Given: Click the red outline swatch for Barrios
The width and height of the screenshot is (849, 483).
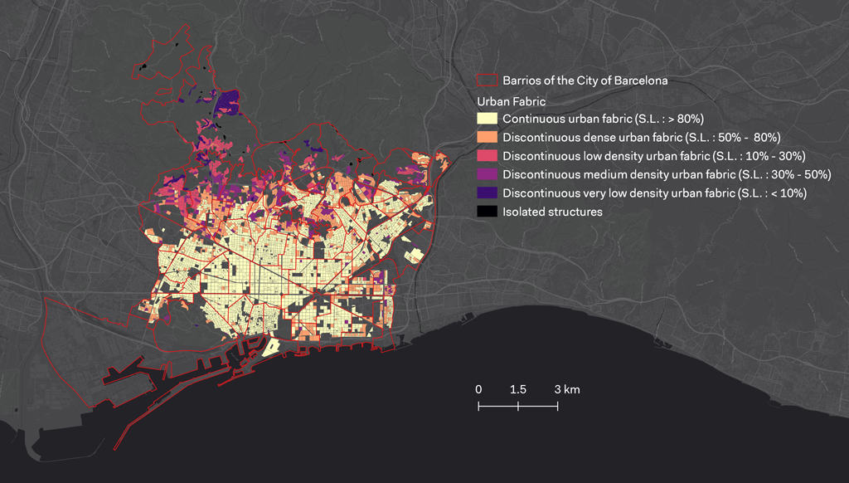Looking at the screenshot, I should tap(487, 81).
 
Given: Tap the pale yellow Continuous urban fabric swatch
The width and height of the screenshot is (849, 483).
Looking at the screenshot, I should tap(487, 119).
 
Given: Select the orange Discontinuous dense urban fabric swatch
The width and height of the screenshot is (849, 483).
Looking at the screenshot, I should tap(487, 137).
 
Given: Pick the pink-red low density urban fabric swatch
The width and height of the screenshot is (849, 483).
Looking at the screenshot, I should tap(487, 156).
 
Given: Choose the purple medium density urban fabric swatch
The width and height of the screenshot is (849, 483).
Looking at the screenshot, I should tap(487, 174).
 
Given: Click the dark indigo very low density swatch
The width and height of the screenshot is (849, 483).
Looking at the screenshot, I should tap(487, 193).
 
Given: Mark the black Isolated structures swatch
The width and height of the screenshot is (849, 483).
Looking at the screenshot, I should tap(487, 212).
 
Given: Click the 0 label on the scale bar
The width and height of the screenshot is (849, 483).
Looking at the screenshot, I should tap(478, 389).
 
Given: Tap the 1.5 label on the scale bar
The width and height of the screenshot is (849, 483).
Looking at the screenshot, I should tap(518, 389).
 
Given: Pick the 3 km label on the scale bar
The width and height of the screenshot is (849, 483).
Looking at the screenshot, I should tap(567, 389).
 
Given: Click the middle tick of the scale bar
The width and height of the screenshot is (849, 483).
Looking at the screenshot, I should tap(518, 406).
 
